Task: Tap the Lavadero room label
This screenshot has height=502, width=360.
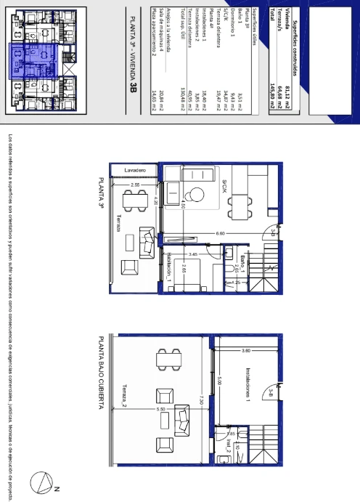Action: point(139,169)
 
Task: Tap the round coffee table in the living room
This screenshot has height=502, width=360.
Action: point(195,193)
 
